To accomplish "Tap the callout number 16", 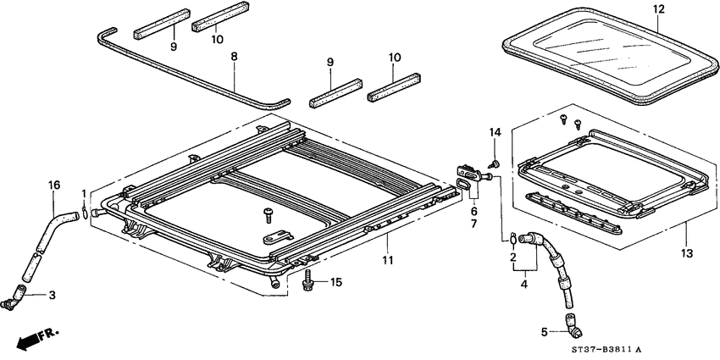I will [x=53, y=184].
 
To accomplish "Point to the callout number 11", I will [x=387, y=260].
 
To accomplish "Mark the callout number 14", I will [x=496, y=133].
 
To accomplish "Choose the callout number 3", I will [x=52, y=295].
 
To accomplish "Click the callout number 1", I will [x=84, y=195].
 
